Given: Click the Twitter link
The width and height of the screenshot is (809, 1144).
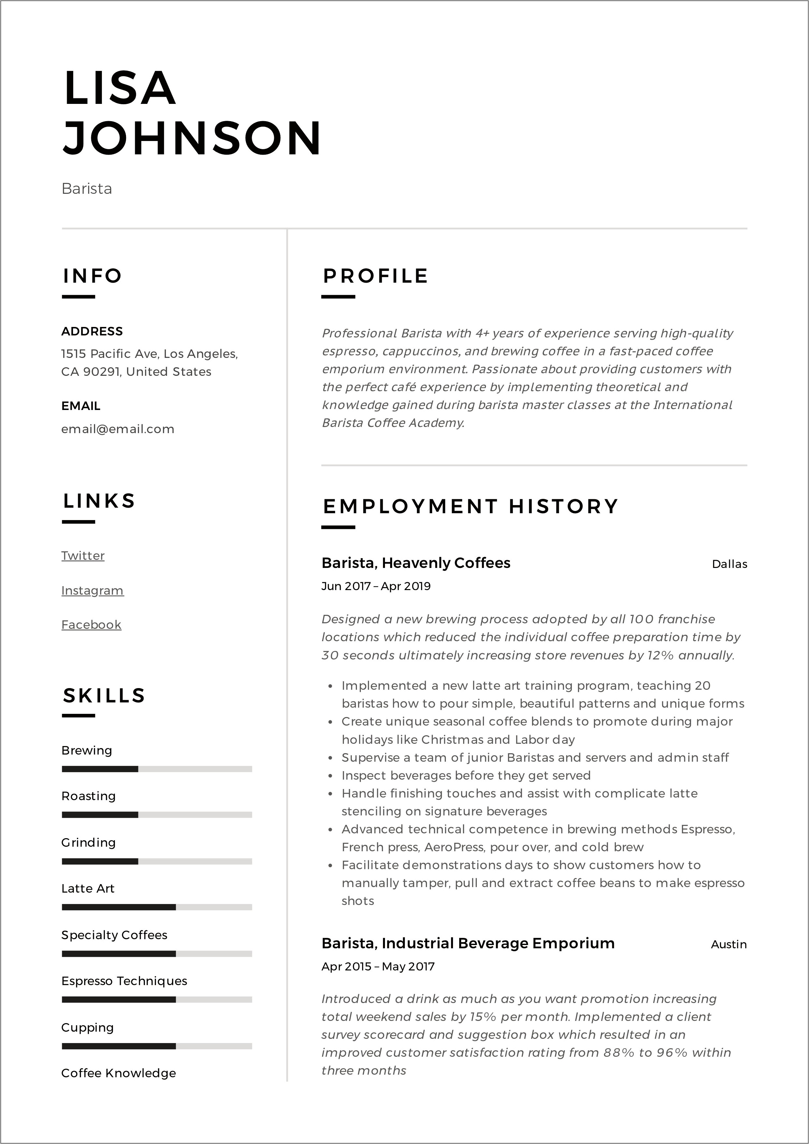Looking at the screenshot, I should [x=83, y=556].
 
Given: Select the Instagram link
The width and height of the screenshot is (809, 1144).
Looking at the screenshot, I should [x=92, y=590].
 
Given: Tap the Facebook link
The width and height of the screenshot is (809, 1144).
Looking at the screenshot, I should [x=91, y=625].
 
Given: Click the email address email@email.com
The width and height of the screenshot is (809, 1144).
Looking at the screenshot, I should [x=118, y=429].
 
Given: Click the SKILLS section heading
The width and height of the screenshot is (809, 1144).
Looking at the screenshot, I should [x=104, y=696].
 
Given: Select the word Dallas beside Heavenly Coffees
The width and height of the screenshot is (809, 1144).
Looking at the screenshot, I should [x=729, y=564].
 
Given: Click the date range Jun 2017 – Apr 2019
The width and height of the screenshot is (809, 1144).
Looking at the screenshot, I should [x=376, y=586].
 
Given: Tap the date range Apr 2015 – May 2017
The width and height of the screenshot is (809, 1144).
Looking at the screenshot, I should [x=378, y=967].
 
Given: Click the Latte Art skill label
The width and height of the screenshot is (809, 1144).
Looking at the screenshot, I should [x=88, y=888].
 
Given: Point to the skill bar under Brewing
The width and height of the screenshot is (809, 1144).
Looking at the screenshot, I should [x=157, y=769].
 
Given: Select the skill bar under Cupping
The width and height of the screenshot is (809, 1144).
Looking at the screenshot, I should [x=157, y=1046].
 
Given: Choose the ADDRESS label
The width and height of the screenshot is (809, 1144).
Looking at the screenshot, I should [x=92, y=331].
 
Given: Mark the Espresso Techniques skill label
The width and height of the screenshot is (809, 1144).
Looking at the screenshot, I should [x=124, y=981].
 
